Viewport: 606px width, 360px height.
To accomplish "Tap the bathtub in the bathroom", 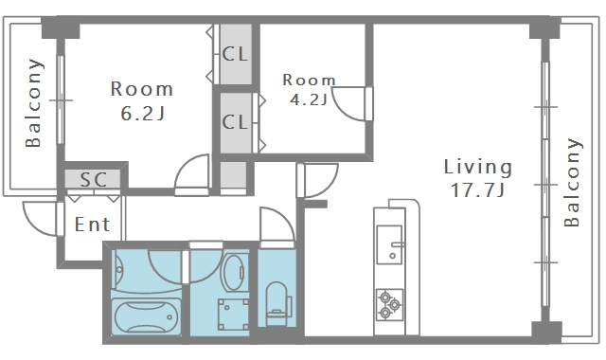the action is point(146,317).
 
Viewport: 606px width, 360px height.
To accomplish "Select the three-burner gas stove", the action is point(389,305).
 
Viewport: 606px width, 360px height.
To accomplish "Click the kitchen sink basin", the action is point(390,244).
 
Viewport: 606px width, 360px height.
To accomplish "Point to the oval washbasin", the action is point(234,273).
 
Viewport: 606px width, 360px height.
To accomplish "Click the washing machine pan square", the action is point(233,315).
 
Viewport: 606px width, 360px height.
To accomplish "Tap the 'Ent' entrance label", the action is point(92,225).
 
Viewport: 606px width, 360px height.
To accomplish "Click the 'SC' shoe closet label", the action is point(94,180).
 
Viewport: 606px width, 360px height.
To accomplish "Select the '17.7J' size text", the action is point(477,190).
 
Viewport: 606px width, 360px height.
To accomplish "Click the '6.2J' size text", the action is point(143,114).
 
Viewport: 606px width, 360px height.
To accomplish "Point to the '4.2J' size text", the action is point(309,99).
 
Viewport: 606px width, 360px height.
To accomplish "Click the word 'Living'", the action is point(477,167).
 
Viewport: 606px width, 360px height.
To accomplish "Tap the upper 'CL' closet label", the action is point(235,54).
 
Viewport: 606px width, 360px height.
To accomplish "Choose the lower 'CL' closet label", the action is point(235,122).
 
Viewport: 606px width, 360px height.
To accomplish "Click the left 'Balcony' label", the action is point(33,103).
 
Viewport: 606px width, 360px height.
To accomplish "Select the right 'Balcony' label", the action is point(572,182).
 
